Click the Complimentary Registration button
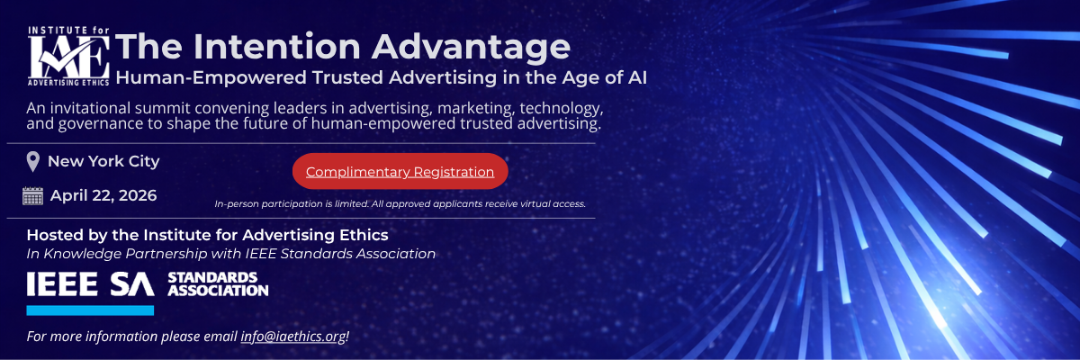point(400,171)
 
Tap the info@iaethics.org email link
point(293,336)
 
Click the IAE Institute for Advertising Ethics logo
point(68,57)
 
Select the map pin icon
point(32,162)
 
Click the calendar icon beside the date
point(32,195)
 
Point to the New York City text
point(103,161)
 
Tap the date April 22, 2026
point(103,195)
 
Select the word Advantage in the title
point(471,48)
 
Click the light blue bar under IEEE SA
point(90,310)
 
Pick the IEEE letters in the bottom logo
point(62,283)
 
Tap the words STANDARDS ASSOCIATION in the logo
point(218,284)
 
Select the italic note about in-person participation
point(400,204)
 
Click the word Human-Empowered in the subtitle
point(211,78)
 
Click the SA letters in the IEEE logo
point(132,283)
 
